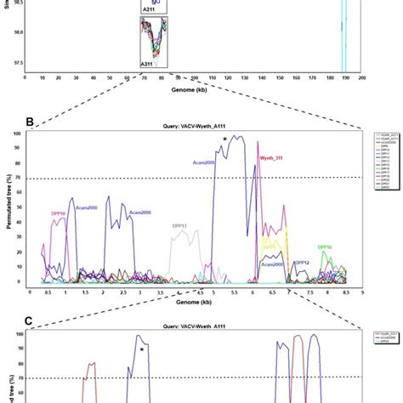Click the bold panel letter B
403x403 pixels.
(x=31, y=122)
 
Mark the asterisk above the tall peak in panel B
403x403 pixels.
(x=224, y=139)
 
